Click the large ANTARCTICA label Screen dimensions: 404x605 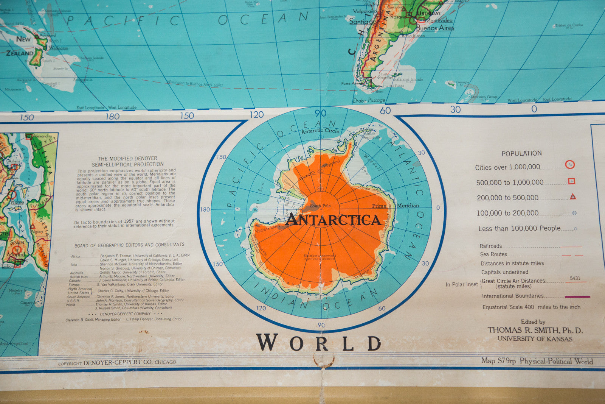pos(333,220)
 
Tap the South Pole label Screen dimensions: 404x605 pos(320,206)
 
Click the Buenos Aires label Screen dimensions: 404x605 pos(435,28)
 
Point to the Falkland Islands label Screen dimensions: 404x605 pos(408,80)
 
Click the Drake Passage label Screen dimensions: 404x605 pos(369,100)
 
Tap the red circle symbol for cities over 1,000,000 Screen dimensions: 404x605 pos(570,165)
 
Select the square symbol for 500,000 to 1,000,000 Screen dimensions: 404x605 pos(572,181)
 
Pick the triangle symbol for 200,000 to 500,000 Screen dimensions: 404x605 pos(573,197)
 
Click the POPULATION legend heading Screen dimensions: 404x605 pos(521,153)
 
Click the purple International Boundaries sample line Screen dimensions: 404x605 pos(577,297)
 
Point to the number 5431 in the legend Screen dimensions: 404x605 pos(575,278)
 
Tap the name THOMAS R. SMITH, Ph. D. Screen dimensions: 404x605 pos(535,330)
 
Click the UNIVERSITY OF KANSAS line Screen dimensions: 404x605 pos(535,339)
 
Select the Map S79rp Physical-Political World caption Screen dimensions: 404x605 pos(537,361)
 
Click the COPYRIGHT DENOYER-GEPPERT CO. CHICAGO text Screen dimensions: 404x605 pos(117,363)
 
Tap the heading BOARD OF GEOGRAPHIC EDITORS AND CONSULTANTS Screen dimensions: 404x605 pos(129,245)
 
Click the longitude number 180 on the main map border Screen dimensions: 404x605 pos(112,117)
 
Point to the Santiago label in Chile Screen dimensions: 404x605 pos(362,22)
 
